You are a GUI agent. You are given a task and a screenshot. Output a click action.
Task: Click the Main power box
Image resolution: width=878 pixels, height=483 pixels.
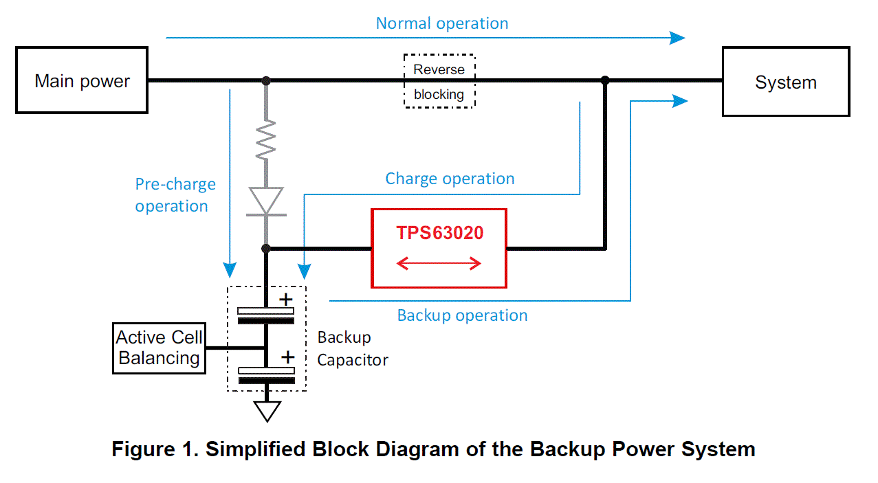click(82, 80)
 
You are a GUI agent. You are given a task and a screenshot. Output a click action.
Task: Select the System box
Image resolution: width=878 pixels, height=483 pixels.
click(786, 82)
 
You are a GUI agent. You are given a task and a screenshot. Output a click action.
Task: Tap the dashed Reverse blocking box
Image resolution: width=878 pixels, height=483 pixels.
click(439, 81)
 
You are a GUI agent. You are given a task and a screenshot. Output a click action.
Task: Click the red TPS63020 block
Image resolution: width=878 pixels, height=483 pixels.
click(439, 248)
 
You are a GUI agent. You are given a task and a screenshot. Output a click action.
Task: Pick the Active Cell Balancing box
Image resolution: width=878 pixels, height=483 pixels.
click(159, 348)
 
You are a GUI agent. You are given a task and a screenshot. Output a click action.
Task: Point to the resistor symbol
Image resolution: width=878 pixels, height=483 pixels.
click(266, 140)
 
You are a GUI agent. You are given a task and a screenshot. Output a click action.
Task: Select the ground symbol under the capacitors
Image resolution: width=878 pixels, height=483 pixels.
click(267, 410)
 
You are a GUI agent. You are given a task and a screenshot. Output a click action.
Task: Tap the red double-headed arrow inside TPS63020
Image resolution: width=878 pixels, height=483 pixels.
click(439, 263)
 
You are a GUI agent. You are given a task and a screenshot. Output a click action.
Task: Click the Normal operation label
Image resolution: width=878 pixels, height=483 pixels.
click(441, 23)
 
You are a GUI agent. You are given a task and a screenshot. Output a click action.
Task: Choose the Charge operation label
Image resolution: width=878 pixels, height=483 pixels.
click(450, 179)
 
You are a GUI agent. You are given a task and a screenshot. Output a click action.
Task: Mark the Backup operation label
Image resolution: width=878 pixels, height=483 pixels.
click(462, 315)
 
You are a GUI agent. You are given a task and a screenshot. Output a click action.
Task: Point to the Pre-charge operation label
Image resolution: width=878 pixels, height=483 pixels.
click(175, 195)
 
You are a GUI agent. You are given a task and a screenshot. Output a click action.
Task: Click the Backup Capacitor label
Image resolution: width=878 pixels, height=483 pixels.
click(352, 348)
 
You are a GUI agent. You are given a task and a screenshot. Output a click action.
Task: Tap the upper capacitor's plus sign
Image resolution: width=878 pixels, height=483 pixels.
click(285, 300)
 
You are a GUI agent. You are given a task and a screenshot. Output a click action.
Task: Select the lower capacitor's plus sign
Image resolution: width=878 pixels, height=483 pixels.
click(287, 357)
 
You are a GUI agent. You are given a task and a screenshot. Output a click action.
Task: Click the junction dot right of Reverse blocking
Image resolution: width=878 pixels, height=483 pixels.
click(605, 80)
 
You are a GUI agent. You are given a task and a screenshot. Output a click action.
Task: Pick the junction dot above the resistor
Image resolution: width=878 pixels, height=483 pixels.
click(266, 80)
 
